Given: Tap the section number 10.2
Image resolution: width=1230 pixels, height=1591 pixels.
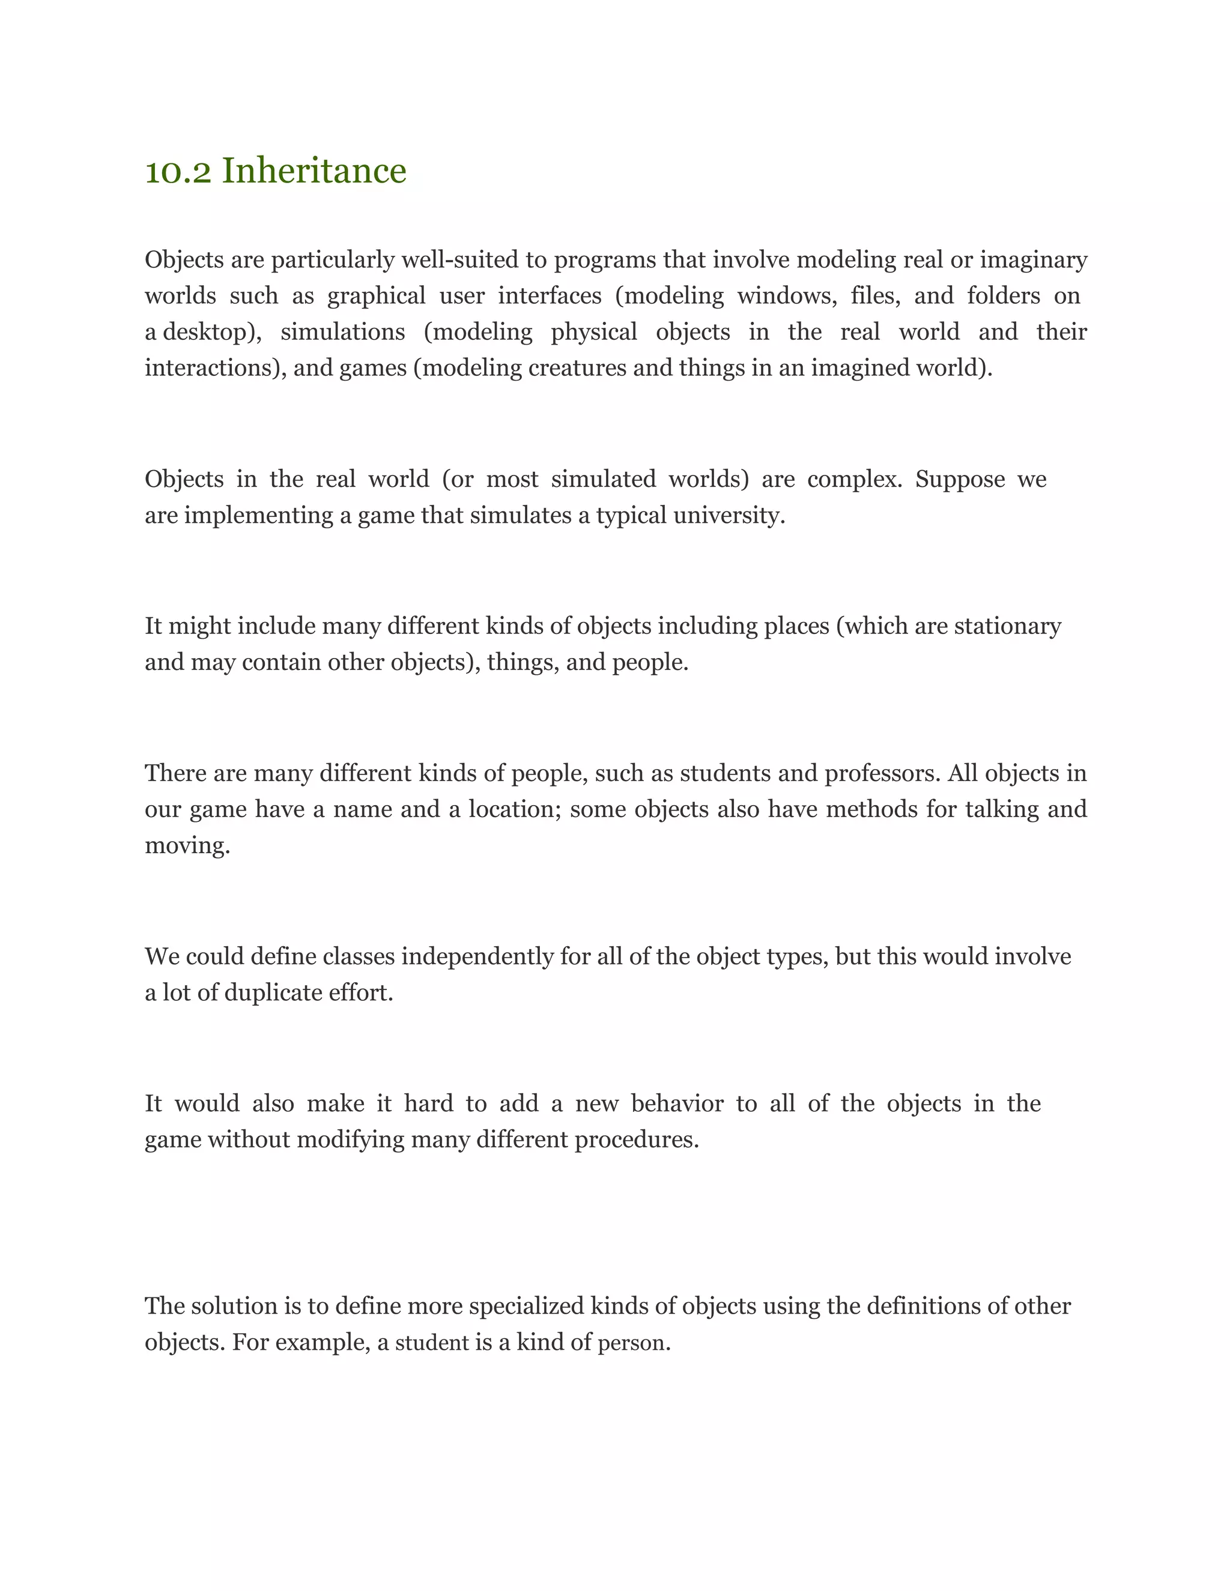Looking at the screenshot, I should click(178, 172).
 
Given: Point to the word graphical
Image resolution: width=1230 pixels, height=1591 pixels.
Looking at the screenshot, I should click(376, 296).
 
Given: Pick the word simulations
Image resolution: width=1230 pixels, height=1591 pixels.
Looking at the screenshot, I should click(342, 332).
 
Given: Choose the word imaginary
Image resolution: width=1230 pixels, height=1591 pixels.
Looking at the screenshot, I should click(1033, 259).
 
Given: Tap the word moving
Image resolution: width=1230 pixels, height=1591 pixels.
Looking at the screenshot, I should click(187, 846).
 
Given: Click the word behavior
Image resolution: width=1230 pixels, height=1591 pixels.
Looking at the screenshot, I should click(677, 1103).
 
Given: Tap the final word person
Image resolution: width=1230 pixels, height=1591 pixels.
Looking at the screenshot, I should click(633, 1342).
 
